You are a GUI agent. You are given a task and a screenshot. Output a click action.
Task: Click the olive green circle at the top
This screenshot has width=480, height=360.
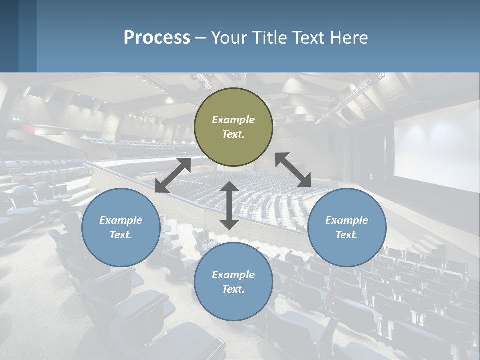pos(233,127)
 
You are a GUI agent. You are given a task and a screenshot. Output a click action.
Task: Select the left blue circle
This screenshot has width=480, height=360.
pos(121,227)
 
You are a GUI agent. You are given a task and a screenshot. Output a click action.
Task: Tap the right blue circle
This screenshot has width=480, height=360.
pos(347,227)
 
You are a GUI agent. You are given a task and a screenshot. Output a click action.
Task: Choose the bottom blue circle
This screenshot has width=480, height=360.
pos(233,282)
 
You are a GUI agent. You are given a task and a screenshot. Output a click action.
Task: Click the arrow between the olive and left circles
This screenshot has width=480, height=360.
pos(173,175)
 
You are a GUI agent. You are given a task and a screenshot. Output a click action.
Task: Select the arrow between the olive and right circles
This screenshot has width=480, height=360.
pos(293,170)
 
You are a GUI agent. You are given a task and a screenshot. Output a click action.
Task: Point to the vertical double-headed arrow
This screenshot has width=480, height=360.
pos(229,205)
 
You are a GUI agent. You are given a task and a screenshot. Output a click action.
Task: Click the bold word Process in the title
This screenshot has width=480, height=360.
pos(157,37)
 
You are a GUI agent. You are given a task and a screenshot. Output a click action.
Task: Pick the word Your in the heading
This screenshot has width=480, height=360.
pos(229,37)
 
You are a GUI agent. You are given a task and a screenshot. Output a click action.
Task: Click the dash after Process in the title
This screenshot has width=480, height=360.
pos(200,38)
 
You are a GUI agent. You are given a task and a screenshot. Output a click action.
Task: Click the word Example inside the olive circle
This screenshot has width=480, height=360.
pos(233,120)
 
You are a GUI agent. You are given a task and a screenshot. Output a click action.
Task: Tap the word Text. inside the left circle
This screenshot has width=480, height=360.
pos(121,235)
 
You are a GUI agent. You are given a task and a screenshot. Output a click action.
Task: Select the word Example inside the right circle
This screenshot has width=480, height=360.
pos(347,220)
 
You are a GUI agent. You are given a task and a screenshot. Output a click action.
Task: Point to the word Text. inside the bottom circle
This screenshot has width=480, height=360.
pos(233,289)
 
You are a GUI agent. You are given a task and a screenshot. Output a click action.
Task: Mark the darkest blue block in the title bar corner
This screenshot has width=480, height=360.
pos(9,36)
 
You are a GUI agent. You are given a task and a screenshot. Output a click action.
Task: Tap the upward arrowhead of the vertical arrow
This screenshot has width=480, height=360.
pos(229,187)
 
